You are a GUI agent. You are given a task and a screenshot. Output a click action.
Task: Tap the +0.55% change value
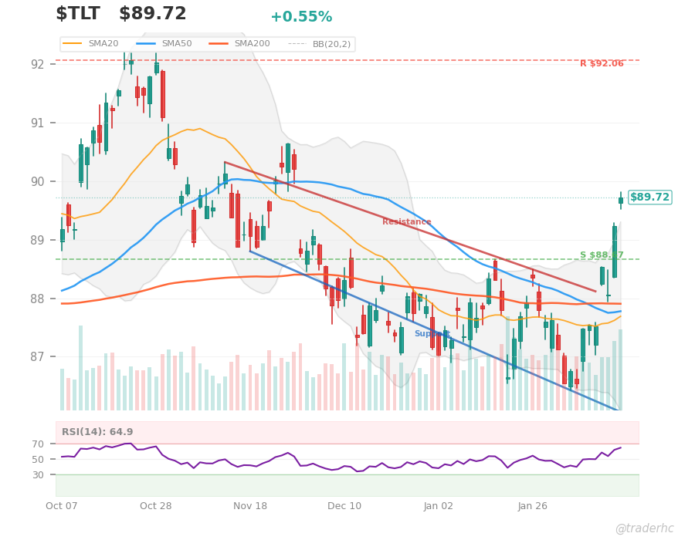(x=301, y=17)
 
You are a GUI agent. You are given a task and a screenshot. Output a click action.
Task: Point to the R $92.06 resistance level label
(x=602, y=64)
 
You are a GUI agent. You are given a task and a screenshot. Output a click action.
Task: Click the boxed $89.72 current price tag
(x=649, y=197)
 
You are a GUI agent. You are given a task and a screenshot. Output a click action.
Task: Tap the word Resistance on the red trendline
(x=406, y=222)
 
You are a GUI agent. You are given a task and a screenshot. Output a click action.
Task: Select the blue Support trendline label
(x=432, y=334)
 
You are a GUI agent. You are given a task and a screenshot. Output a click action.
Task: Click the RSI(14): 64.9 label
(x=97, y=432)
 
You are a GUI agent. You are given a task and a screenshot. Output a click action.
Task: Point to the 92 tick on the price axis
(x=38, y=64)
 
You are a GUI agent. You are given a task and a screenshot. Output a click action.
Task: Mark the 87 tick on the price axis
(x=38, y=357)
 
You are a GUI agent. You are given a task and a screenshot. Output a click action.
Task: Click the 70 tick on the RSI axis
(x=38, y=444)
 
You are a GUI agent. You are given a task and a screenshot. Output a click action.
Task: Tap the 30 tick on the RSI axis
(x=38, y=475)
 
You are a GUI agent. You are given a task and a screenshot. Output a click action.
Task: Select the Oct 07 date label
(x=62, y=506)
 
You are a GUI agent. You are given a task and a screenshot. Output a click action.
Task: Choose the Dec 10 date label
(x=344, y=506)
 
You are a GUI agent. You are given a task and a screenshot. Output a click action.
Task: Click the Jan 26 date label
(x=533, y=506)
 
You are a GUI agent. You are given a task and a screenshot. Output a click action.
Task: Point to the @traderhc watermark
(x=644, y=528)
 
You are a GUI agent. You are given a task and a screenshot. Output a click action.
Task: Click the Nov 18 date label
(x=250, y=506)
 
